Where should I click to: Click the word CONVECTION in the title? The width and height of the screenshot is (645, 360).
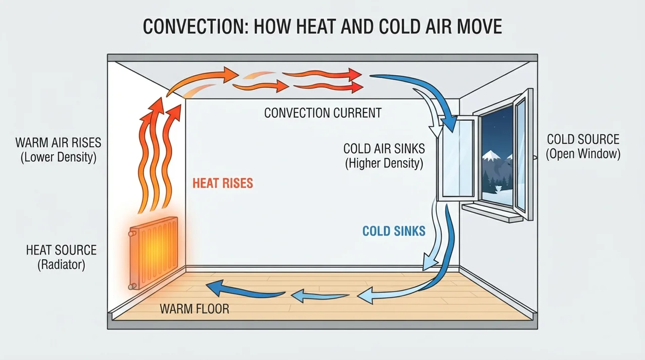point(196,27)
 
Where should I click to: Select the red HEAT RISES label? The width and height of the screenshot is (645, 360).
point(223,183)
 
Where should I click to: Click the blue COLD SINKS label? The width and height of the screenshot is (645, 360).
point(394,231)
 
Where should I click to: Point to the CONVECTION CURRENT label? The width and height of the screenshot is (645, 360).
point(323,113)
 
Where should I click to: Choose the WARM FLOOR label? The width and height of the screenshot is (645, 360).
point(195,309)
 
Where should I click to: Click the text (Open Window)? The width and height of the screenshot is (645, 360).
point(583,154)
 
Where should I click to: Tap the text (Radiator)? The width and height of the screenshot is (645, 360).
point(61,265)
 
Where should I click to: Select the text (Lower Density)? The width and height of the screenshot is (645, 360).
point(58,157)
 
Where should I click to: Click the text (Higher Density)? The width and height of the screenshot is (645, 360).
point(384,163)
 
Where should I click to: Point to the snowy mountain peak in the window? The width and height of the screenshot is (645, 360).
point(491,155)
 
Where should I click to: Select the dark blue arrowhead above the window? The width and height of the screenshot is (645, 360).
point(450,124)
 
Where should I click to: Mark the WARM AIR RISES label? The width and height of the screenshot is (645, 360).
point(58,143)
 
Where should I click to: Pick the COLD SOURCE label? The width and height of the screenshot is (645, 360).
point(583,139)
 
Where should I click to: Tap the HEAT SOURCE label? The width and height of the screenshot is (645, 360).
point(61,250)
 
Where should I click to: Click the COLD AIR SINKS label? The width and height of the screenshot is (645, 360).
point(384,149)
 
